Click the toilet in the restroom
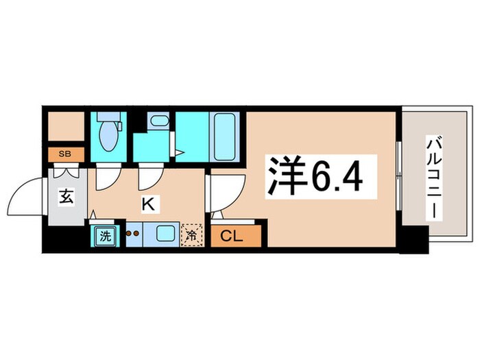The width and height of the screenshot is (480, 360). [x=107, y=135]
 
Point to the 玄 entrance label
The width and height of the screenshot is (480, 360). [x=66, y=199]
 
